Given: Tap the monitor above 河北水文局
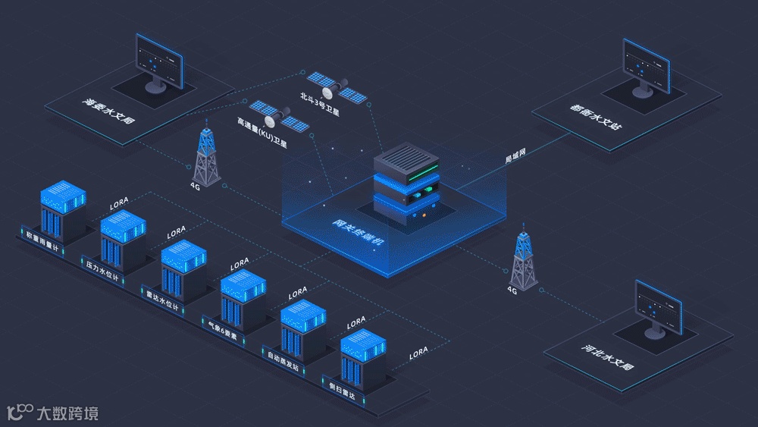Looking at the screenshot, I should click(657, 308).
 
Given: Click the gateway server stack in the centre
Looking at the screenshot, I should click(406, 181).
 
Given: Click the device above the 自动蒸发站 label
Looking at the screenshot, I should click(302, 325).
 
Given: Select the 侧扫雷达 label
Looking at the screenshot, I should click(345, 388).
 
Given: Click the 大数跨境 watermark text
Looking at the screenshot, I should click(67, 414).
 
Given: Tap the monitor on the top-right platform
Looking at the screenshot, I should click(647, 66).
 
